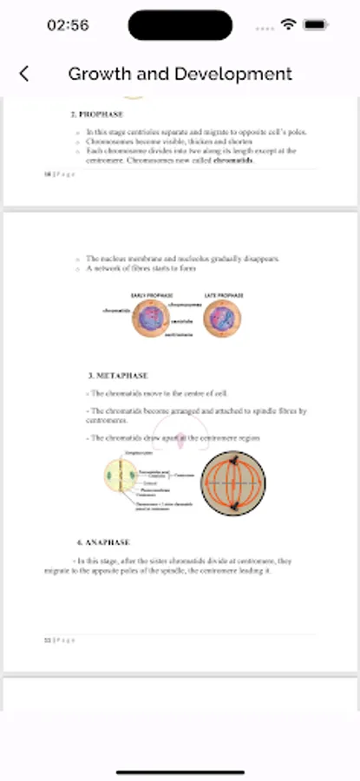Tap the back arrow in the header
(24, 74)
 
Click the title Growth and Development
(180, 74)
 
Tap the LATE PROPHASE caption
(224, 296)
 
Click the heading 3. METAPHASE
(118, 376)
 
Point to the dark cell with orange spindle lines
(233, 483)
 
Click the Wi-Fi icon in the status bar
(288, 26)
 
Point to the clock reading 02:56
(68, 26)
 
